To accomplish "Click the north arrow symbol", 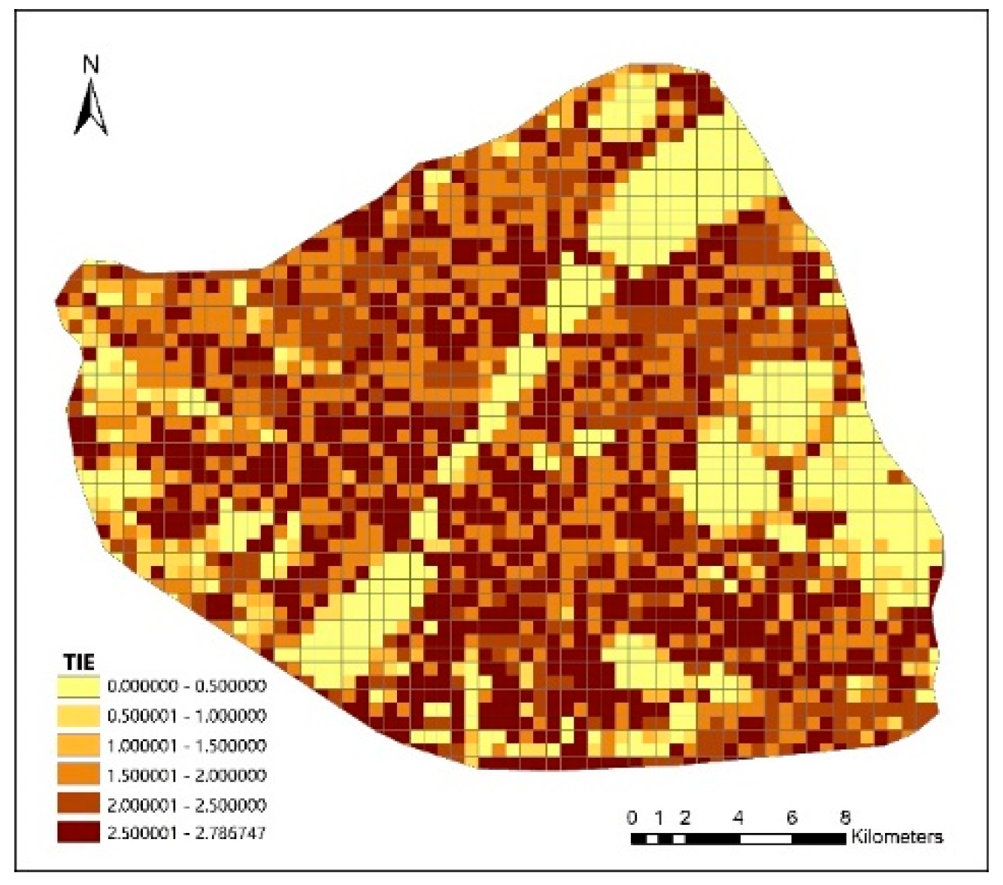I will [91, 109].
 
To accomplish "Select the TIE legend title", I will [79, 663].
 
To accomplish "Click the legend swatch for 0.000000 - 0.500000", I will [78, 686].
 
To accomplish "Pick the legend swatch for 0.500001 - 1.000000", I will [78, 716].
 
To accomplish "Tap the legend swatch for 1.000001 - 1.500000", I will [78, 745].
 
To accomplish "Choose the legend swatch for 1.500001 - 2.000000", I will [78, 775].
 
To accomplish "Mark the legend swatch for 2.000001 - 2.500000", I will [78, 804].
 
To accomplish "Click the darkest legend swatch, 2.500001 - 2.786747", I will [78, 833].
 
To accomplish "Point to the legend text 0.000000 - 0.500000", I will [186, 686].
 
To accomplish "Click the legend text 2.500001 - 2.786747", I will [186, 834].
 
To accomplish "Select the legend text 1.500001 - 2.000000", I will [186, 775].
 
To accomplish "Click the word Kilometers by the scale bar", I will [896, 838].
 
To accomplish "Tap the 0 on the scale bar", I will [632, 818].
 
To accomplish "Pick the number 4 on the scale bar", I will [738, 818].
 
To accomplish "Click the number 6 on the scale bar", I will [792, 818].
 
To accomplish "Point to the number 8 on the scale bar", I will [845, 818].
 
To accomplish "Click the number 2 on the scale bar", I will [685, 818].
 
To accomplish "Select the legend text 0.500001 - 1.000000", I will [186, 716].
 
